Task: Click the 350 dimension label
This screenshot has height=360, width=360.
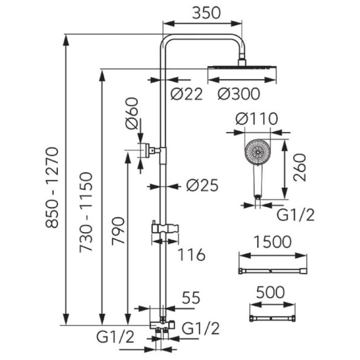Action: click(x=206, y=13)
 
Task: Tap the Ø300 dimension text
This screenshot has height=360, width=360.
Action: click(x=239, y=94)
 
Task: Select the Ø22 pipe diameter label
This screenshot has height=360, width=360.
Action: click(x=187, y=94)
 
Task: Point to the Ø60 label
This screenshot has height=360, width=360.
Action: click(x=132, y=113)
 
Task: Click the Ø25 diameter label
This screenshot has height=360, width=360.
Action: click(x=202, y=185)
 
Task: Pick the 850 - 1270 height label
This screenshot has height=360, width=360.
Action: click(x=52, y=188)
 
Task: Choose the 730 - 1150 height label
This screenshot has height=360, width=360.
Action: click(x=86, y=212)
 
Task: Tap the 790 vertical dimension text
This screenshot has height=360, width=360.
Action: click(x=118, y=231)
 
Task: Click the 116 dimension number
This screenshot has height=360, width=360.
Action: click(x=191, y=255)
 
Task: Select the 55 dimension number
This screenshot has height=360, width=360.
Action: click(x=191, y=298)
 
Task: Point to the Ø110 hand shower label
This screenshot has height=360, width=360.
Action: click(x=257, y=119)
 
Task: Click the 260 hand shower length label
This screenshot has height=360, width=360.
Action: click(x=300, y=168)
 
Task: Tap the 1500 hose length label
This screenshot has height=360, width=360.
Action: click(x=273, y=242)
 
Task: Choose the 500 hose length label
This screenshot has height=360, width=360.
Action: click(x=270, y=292)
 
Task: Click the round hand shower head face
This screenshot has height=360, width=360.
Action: click(x=258, y=152)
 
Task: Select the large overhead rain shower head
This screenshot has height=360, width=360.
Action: click(x=242, y=67)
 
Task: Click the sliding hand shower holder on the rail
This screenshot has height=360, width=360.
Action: click(x=165, y=229)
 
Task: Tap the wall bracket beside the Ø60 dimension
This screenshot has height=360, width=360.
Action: click(x=150, y=151)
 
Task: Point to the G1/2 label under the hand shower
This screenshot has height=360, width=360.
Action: click(x=295, y=215)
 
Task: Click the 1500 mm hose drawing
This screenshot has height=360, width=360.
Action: click(x=273, y=271)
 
